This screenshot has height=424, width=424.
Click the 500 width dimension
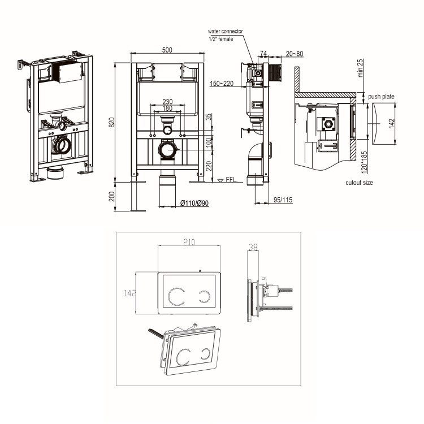[167, 50]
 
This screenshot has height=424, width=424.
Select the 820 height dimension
[112, 122]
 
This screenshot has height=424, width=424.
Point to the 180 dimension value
[167, 109]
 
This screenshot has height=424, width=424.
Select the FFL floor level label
[230, 180]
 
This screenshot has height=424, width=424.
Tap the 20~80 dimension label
[294, 54]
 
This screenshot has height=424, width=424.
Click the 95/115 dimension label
[283, 200]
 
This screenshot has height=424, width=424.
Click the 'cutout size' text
[359, 183]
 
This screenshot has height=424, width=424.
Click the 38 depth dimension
[253, 247]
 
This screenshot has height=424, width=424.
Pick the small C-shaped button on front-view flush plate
[205, 295]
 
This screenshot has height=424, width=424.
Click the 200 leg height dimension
[112, 196]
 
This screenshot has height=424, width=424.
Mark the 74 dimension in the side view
[262, 54]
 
